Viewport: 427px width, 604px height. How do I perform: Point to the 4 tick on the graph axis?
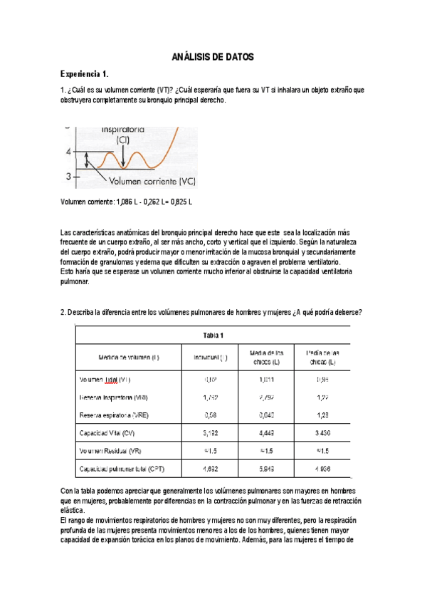point(68,152)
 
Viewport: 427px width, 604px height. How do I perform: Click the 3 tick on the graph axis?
point(68,175)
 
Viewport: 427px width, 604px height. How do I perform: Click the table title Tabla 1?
point(213,335)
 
